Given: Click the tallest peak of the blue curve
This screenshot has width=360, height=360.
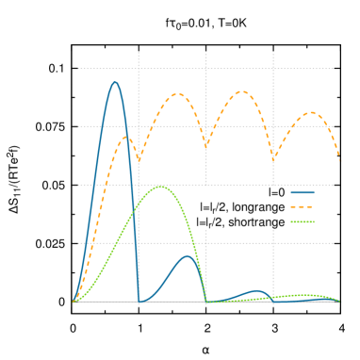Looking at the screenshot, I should coord(115,82).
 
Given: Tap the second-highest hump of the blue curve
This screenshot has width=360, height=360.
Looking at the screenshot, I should coord(188,255).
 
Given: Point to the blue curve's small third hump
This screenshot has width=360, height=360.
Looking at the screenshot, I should coord(255,290).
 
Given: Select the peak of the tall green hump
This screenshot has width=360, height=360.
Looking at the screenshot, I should coord(161,186).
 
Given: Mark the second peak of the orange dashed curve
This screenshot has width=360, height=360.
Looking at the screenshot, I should coord(176,94).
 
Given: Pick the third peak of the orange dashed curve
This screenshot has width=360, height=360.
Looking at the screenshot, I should coord(242,91).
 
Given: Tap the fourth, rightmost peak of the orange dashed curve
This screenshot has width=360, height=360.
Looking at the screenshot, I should coord(311,112).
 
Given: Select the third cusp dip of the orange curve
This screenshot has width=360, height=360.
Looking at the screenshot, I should coord(273,158).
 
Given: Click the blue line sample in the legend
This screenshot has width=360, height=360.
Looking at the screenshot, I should coord(303,191).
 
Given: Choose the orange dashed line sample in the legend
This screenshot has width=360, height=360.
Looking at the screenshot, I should coord(303,206).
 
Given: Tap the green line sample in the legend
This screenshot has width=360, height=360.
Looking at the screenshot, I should coord(303,221).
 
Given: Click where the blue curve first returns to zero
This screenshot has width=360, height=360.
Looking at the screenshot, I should coord(139,302).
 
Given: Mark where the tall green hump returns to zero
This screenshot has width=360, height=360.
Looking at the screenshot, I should coord(206,302).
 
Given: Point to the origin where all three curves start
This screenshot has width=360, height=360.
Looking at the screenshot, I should coord(74,302).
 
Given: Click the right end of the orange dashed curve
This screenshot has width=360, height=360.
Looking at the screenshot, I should coord(340,162).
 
